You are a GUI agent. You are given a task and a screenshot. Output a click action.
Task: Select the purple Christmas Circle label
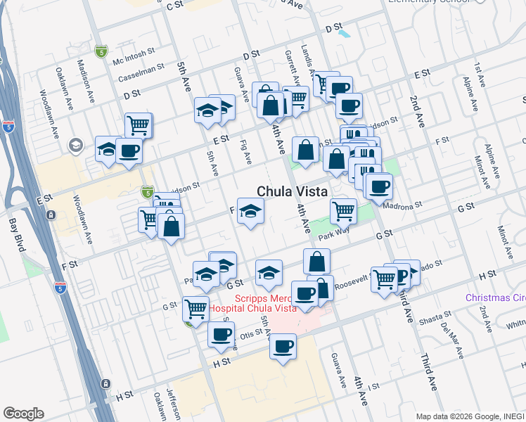click(495, 298)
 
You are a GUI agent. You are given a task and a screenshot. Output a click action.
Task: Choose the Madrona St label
click(402, 205)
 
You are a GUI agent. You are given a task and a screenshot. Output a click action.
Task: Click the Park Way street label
click(333, 234)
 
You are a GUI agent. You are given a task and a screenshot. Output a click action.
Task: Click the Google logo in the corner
click(23, 414)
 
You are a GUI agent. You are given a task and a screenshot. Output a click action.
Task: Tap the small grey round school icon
click(75, 145)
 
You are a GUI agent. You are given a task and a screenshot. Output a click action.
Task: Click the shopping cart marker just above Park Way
click(343, 210)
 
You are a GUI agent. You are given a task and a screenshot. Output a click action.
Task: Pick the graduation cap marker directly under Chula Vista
click(250, 211)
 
